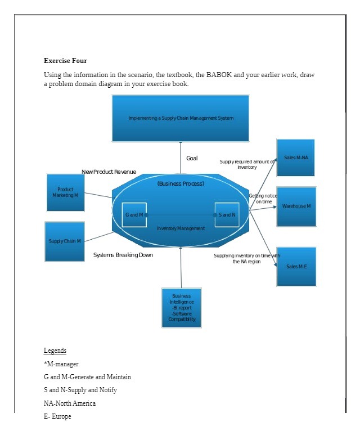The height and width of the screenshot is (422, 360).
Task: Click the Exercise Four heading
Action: coord(65,61)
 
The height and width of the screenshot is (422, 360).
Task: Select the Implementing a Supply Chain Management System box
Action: coord(181,118)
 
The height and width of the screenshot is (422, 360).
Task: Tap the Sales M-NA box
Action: coord(296,158)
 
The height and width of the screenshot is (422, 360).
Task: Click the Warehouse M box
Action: coord(296,206)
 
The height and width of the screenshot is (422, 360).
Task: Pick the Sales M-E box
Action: coord(296,266)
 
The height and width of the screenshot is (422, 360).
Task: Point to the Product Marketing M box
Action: coord(66,192)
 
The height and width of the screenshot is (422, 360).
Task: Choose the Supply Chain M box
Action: coord(65,241)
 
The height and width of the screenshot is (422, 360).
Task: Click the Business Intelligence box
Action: coord(181,307)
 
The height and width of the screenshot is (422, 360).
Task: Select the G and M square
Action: coord(134,215)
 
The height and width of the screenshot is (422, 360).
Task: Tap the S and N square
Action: coord(227,215)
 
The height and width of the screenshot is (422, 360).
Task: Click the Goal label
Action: coord(192,159)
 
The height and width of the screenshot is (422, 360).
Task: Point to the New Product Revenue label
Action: coord(109,172)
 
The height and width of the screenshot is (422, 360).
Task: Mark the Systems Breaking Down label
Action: coord(123,255)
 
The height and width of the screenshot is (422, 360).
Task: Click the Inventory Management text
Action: coord(181,228)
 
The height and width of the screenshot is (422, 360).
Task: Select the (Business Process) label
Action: coord(181,183)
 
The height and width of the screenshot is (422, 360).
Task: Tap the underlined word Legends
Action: coord(55,351)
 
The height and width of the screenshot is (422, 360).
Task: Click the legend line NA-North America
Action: coord(70,403)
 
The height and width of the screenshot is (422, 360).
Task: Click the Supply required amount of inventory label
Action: coord(247,164)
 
